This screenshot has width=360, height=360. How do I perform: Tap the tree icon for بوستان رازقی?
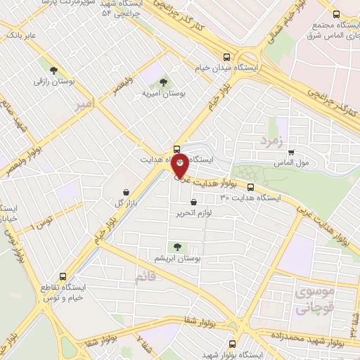point(53,69)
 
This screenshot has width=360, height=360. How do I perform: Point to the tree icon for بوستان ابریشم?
point(176,246)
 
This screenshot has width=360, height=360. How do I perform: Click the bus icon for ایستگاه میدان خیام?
point(226,58)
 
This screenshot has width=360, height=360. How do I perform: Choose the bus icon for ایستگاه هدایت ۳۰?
point(251,186)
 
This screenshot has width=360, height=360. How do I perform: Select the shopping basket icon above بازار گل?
point(125,192)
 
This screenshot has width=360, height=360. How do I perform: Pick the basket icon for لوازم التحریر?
point(193,203)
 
